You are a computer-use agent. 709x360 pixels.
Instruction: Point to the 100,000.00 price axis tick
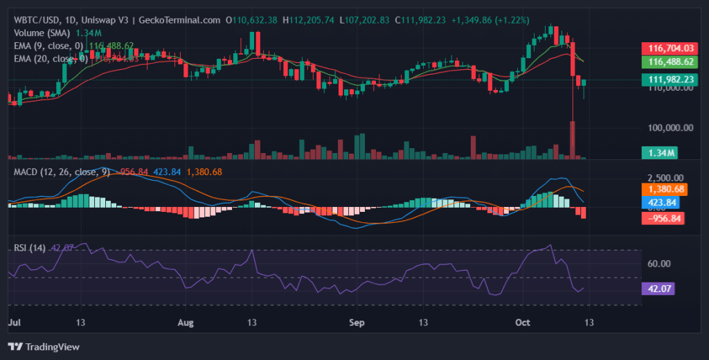tap(670, 127)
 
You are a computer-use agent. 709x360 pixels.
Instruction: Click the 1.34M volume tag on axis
tap(658, 152)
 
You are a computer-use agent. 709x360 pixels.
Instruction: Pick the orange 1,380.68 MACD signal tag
tap(665, 189)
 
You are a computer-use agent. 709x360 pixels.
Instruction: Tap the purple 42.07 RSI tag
tap(658, 289)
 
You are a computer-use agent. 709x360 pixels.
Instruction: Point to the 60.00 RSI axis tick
tap(660, 264)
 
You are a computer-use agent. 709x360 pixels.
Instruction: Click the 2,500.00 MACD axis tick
tap(666, 178)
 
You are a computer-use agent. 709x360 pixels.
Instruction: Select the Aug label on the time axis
tap(185, 323)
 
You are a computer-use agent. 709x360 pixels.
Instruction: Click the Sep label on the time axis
tap(357, 323)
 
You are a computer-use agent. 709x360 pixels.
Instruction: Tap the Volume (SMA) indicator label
tap(44, 33)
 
